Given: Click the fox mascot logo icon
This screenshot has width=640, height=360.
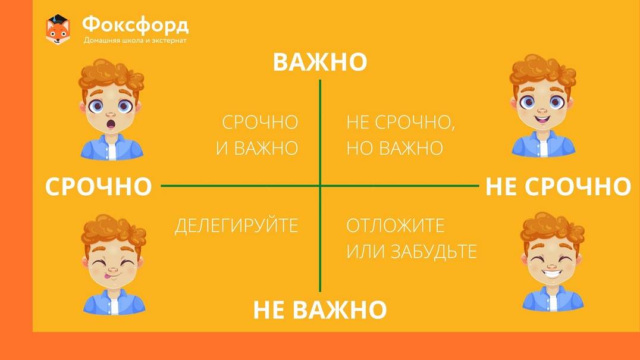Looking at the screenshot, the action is tap(58, 29).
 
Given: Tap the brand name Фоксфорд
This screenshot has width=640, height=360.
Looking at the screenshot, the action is tap(136, 26).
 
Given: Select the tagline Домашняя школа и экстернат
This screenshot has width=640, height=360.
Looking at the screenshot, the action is tap(135, 40).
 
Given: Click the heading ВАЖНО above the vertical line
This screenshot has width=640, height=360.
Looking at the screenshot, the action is tap(320, 62).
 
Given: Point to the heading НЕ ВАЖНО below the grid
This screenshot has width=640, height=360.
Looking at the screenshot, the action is tap(320, 309).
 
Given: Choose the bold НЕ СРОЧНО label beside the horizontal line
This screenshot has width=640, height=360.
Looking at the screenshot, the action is tap(559, 186).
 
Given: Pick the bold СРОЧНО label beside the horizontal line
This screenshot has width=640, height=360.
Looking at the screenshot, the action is tap(98, 186).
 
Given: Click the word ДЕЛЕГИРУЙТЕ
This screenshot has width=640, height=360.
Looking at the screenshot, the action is tap(236, 226).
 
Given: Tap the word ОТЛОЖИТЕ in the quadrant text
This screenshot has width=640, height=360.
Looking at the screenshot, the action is tap(396, 226).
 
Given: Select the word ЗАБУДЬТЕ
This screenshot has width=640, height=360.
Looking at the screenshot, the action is tap(434, 252).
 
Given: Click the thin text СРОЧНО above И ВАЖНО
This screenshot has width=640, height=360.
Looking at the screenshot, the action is tap(260, 123).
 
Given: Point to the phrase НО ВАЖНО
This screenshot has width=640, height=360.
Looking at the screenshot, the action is tap(395, 148).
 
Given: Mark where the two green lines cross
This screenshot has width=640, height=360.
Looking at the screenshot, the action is tap(320, 186).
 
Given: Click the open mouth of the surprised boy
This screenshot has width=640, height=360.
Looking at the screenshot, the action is tap(111, 124).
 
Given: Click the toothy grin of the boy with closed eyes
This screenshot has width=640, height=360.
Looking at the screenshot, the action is tap(551, 273).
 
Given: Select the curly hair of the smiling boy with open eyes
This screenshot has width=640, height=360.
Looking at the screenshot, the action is tap(542, 70).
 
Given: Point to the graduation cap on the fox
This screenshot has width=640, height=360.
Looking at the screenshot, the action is tap(58, 19).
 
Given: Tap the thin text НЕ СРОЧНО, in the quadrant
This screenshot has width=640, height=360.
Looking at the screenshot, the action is tap(401, 123).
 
